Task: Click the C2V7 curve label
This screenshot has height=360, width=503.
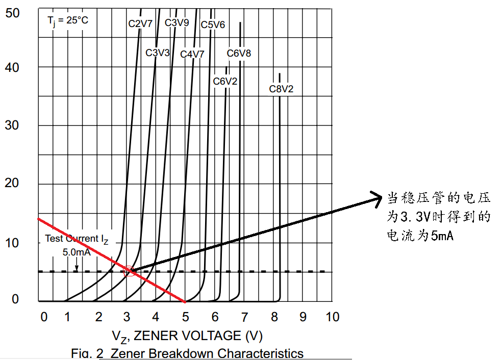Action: (x=140, y=23)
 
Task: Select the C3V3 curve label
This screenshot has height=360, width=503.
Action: (x=158, y=53)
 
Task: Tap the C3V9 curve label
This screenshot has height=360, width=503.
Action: (x=177, y=22)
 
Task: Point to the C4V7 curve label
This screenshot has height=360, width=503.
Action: (x=192, y=54)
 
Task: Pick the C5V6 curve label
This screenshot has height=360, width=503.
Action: (x=213, y=24)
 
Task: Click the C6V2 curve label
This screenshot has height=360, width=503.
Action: (x=225, y=81)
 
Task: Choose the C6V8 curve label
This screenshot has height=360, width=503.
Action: (x=239, y=53)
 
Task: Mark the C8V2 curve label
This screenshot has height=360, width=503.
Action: (x=282, y=89)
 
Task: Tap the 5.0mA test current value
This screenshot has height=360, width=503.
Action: (x=77, y=252)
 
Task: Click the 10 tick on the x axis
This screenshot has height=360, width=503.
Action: (x=332, y=317)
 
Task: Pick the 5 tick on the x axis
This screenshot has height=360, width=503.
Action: (x=185, y=317)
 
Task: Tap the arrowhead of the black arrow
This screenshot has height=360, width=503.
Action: (x=379, y=196)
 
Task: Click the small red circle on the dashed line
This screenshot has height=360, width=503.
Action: (x=130, y=271)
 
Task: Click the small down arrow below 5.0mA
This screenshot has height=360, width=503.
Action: (x=76, y=265)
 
